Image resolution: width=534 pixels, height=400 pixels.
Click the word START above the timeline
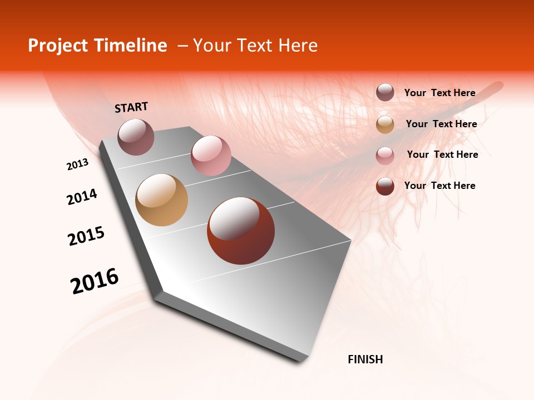[x=131, y=107]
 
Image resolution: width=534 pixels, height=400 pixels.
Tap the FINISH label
[x=365, y=359]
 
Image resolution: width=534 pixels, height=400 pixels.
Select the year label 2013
[x=78, y=164]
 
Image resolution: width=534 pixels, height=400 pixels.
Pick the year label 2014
[x=82, y=197]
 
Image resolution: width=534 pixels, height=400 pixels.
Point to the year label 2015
[x=86, y=236]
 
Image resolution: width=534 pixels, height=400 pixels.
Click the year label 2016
[x=95, y=281]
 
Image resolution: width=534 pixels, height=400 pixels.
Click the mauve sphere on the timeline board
[x=136, y=137]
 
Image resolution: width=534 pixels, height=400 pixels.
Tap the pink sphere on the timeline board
[x=211, y=155]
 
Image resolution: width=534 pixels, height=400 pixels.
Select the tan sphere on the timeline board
[x=161, y=200]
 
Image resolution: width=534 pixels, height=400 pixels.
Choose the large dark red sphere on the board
[x=241, y=231]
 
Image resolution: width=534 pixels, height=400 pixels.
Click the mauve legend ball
[x=385, y=93]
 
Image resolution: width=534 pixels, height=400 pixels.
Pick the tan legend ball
[x=385, y=124]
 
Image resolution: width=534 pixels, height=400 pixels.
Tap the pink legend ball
[x=385, y=156]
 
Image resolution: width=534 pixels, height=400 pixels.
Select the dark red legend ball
[x=385, y=186]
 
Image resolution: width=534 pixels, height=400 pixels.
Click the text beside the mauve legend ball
[x=439, y=93]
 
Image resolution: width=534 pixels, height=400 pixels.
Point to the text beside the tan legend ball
[x=441, y=124]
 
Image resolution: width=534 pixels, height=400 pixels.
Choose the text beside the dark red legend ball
[x=439, y=186]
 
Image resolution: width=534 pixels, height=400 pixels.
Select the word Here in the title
[x=298, y=46]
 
